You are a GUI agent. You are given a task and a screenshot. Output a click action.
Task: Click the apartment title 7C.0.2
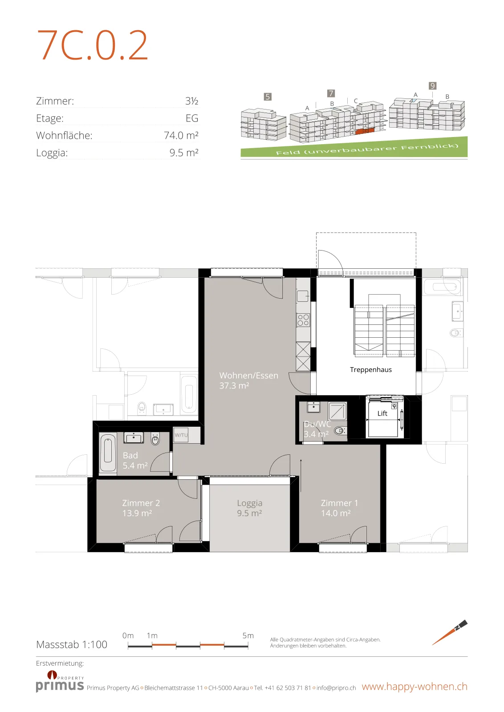(x=92, y=45)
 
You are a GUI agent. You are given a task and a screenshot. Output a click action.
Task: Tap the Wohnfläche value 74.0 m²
(x=181, y=135)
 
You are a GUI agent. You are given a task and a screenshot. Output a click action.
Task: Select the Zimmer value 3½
(x=192, y=101)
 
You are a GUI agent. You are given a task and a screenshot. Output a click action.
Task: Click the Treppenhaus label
(x=371, y=370)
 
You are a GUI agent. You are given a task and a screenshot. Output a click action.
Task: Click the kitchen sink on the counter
(x=303, y=296)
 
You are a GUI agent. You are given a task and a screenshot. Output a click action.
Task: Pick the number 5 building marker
(x=268, y=97)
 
